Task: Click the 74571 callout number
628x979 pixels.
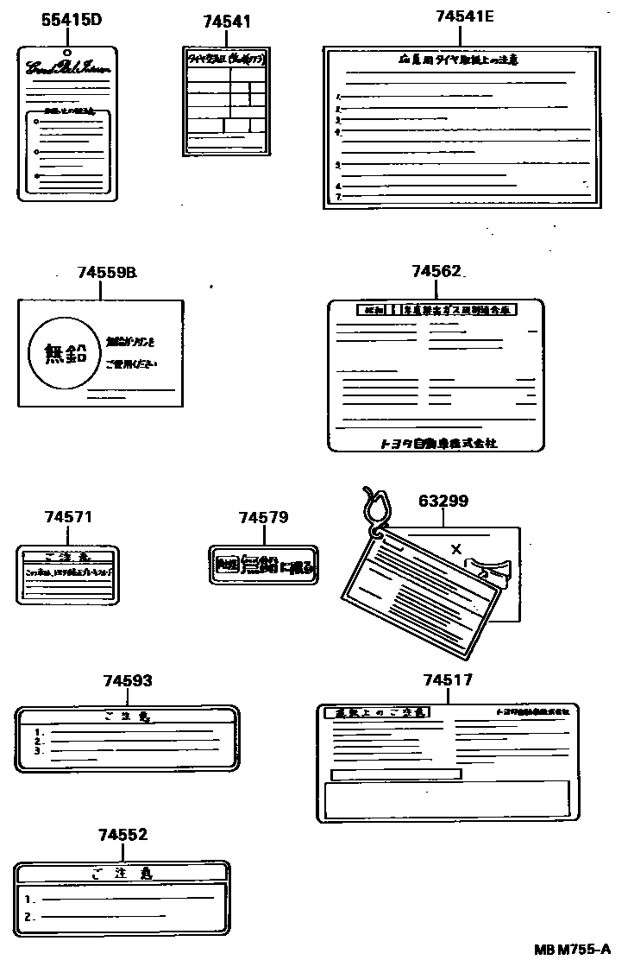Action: coord(68,517)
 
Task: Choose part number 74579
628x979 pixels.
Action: coord(263,517)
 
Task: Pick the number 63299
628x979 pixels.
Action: coord(443,501)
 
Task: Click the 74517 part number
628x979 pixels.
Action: coord(448,680)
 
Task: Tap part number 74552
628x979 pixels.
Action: coord(122,835)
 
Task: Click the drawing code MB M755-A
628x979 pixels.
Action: coord(577,951)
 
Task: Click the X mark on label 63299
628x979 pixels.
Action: coord(456,549)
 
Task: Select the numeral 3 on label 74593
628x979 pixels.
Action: coord(38,751)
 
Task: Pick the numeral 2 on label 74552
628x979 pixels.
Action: coord(28,917)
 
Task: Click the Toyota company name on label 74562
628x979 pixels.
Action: coord(438,443)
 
